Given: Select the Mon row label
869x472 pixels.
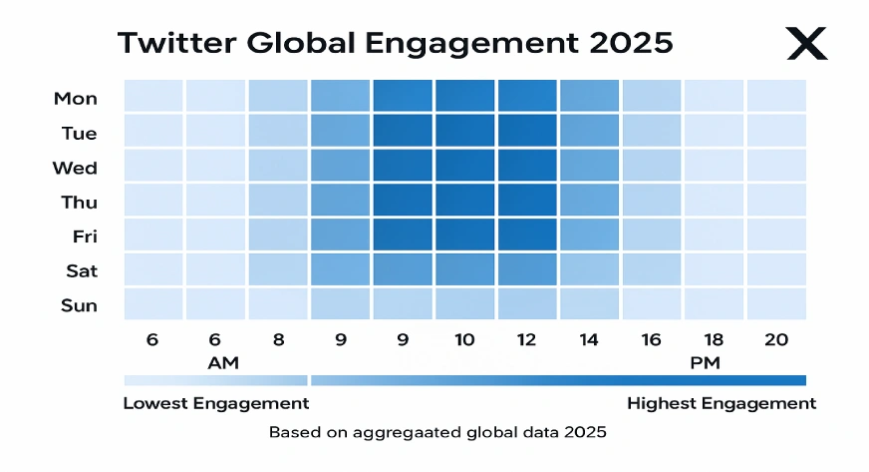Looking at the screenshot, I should pyautogui.click(x=76, y=98).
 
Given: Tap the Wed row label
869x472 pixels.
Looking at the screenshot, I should pyautogui.click(x=76, y=168).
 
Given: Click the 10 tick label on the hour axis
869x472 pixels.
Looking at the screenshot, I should pyautogui.click(x=464, y=340).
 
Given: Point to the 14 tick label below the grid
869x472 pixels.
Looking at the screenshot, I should pyautogui.click(x=589, y=340).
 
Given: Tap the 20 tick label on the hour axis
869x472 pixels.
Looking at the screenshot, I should pyautogui.click(x=776, y=340).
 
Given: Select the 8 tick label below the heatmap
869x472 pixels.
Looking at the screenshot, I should pyautogui.click(x=278, y=340).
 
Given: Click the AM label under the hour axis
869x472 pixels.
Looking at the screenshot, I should pyautogui.click(x=223, y=362).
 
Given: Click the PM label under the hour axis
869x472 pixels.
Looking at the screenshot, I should pyautogui.click(x=705, y=362).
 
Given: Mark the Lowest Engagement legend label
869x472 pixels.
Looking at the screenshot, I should pyautogui.click(x=216, y=403).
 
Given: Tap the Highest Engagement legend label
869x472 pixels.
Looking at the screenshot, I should pyautogui.click(x=722, y=403).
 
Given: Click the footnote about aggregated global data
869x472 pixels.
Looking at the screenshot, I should pyautogui.click(x=437, y=432).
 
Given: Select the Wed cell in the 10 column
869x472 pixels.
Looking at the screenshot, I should pyautogui.click(x=464, y=166).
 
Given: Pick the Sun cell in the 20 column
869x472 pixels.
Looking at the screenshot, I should pyautogui.click(x=776, y=303).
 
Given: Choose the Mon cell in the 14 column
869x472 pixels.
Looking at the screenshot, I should pyautogui.click(x=589, y=97).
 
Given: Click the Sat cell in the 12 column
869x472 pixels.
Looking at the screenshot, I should pyautogui.click(x=527, y=269).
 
